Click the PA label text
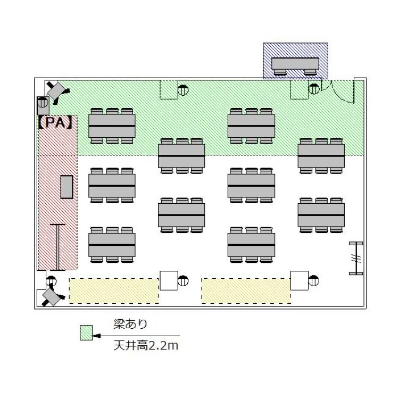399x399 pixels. [x=56, y=123]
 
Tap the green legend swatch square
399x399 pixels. [x=86, y=332]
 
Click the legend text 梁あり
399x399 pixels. [x=130, y=324]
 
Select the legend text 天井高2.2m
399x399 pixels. [x=146, y=346]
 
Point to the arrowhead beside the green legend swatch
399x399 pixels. [x=97, y=336]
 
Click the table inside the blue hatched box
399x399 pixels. [x=295, y=64]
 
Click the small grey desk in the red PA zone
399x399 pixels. [x=66, y=187]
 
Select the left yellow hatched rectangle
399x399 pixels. [x=114, y=291]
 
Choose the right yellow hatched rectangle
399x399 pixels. [x=246, y=291]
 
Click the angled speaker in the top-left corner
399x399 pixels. [x=56, y=91]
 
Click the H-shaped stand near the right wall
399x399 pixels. [x=356, y=258]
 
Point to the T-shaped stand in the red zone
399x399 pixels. [x=57, y=247]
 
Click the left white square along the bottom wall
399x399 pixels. [x=169, y=280]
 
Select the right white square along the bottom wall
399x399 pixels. [x=300, y=280]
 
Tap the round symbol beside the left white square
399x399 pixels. [x=183, y=281]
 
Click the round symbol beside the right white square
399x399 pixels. [x=314, y=280]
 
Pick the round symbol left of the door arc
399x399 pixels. [x=314, y=89]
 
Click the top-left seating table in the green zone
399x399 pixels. [x=112, y=126]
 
